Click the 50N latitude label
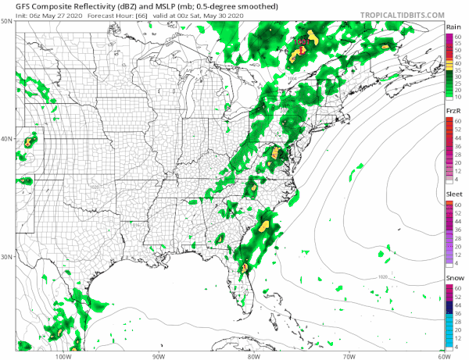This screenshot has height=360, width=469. tap(6, 22)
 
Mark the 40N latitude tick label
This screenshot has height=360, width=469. tap(6, 140)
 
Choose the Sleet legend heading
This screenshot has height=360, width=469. tap(453, 194)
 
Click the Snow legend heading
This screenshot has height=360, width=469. tap(453, 278)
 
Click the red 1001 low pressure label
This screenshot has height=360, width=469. tap(303, 36)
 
